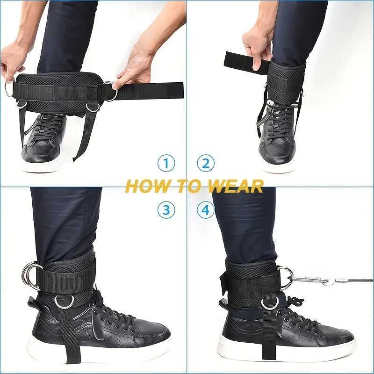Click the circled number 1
165,163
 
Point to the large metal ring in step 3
31,274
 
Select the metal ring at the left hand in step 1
9,89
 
